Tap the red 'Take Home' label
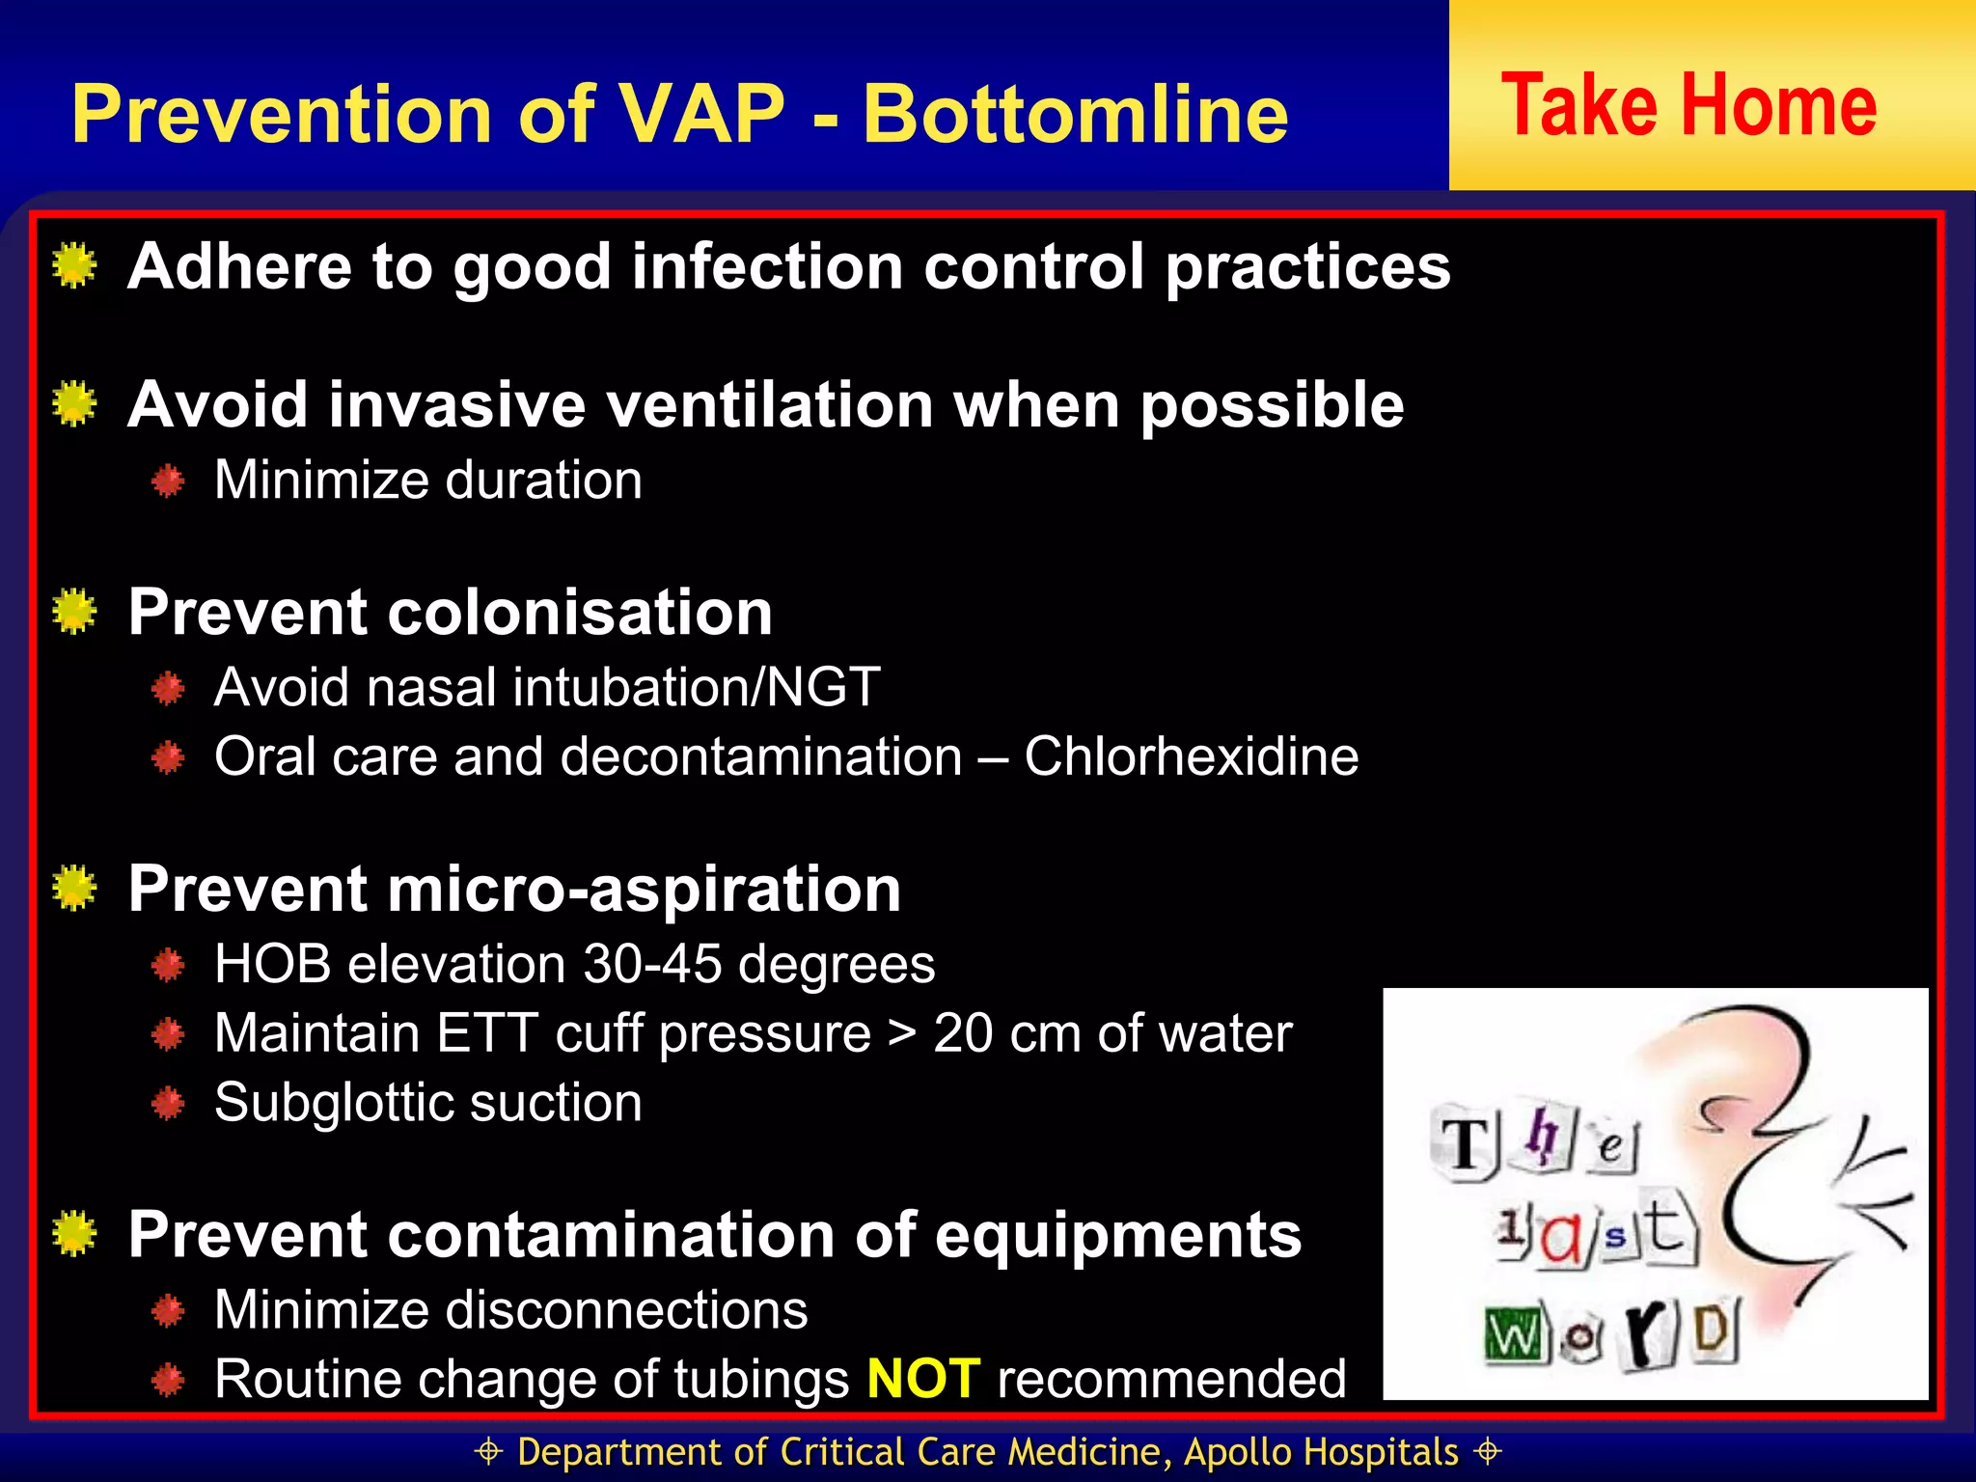tap(1688, 106)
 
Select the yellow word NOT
tap(923, 1378)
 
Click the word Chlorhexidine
tap(1191, 756)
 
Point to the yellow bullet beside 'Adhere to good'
tap(74, 265)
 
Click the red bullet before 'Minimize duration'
tap(168, 480)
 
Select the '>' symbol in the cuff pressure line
tap(901, 1034)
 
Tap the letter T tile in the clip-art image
tap(1466, 1146)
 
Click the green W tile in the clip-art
tap(1512, 1335)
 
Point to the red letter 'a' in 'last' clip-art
tap(1560, 1238)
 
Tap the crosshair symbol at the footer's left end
tap(489, 1451)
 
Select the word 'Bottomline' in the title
tap(1075, 114)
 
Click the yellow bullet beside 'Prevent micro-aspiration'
tap(74, 889)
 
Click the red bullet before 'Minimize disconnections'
tap(168, 1310)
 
